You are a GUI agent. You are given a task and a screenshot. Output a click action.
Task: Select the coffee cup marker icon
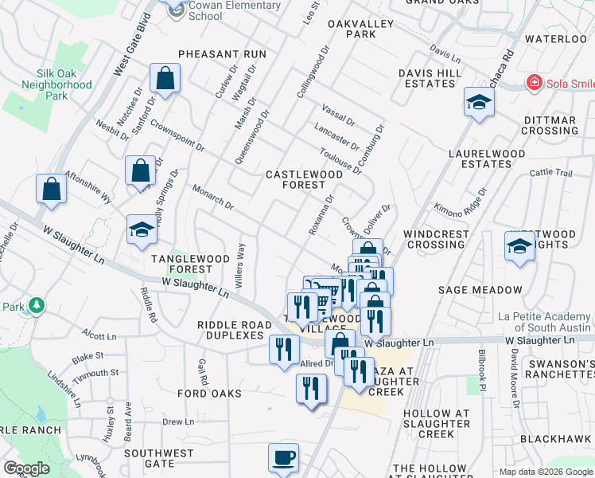point(283,458)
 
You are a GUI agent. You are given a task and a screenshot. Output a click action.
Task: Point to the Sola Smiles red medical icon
point(534,82)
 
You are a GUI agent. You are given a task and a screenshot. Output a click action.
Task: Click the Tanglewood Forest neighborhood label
point(188,264)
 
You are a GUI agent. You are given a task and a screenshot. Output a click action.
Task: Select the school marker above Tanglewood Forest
point(142,229)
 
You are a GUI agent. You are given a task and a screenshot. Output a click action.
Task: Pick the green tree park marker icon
point(36,305)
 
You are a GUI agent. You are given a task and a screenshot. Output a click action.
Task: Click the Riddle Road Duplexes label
point(230,331)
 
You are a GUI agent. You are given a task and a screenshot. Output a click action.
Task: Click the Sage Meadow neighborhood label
point(480,290)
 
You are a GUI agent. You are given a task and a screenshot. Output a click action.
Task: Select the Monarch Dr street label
point(212,198)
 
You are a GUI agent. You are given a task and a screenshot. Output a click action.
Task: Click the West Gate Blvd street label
point(131,45)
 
